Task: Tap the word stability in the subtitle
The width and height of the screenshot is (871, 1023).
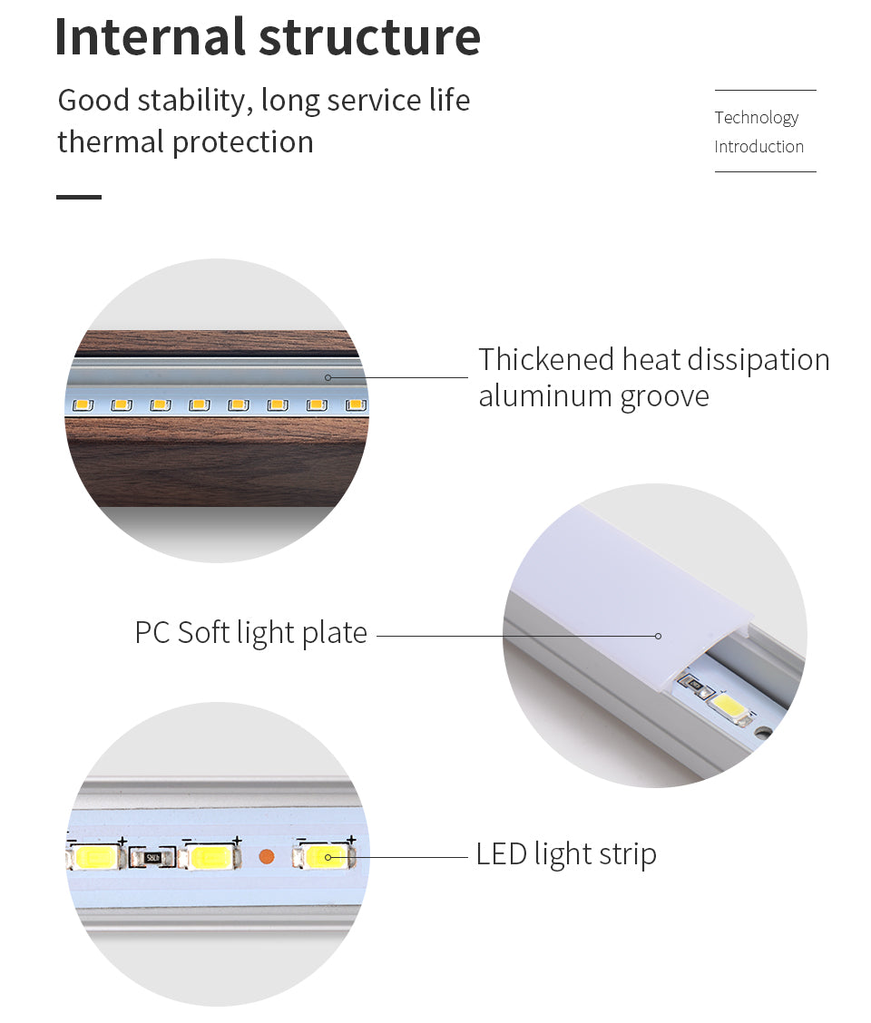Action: (x=191, y=100)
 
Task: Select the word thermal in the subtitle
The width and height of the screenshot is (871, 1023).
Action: (x=110, y=142)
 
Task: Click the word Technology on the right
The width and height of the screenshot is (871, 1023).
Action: (x=756, y=118)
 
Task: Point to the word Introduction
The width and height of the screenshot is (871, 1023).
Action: (x=758, y=147)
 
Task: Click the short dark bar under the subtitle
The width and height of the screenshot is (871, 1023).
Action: (x=79, y=196)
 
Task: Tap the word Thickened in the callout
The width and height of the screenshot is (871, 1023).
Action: (x=546, y=360)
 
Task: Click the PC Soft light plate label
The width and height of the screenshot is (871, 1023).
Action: (x=250, y=633)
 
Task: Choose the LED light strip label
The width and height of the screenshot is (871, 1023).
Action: (x=566, y=854)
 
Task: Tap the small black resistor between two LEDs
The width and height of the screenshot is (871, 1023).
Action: (x=152, y=856)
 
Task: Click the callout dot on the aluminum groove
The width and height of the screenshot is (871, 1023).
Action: (x=328, y=377)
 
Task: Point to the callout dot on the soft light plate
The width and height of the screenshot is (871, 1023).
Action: (x=659, y=636)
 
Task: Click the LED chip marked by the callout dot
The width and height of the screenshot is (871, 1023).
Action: (x=327, y=856)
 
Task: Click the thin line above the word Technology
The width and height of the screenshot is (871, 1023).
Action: (x=765, y=91)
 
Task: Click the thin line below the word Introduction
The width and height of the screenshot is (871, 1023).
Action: (x=765, y=171)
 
